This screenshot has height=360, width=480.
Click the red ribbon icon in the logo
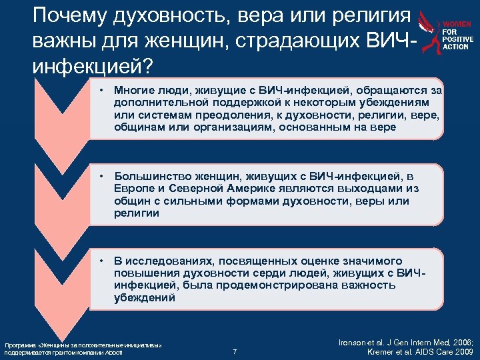click(x=430, y=33)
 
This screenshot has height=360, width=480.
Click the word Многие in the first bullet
click(x=133, y=90)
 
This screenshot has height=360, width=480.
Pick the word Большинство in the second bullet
click(x=151, y=176)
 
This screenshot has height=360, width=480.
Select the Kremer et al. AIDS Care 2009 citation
click(x=420, y=351)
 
